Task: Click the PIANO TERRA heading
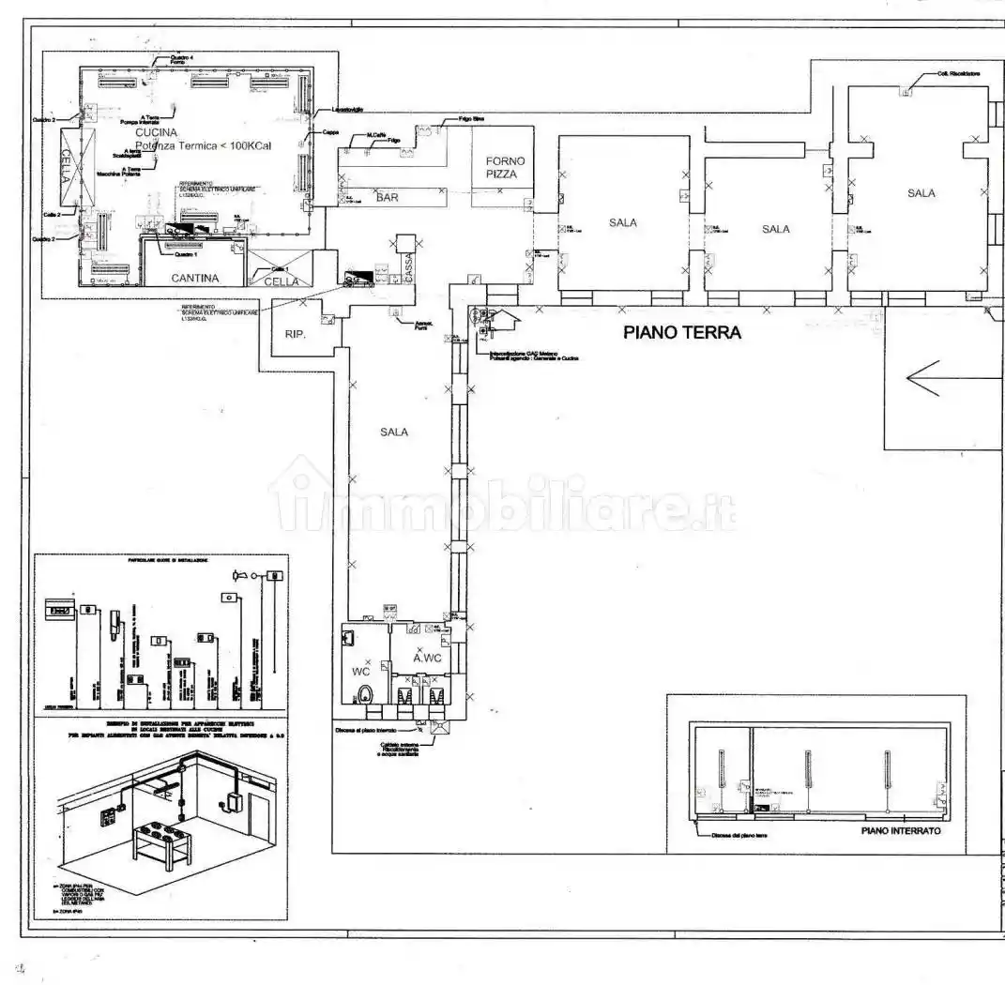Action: click(x=683, y=332)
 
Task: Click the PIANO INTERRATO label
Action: click(x=900, y=831)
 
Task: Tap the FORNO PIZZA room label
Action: click(x=506, y=167)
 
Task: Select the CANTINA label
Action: click(x=195, y=278)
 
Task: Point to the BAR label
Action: click(x=387, y=198)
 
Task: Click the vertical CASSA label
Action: click(x=408, y=267)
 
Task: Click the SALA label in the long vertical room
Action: click(x=394, y=432)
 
